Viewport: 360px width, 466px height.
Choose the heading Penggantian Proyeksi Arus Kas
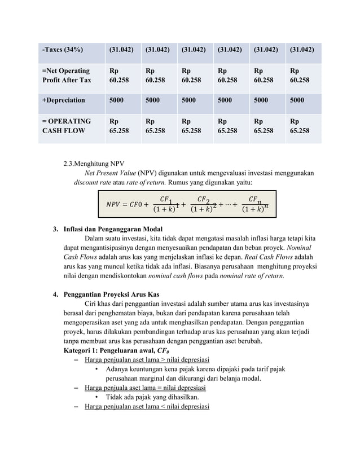tap(111, 294)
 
